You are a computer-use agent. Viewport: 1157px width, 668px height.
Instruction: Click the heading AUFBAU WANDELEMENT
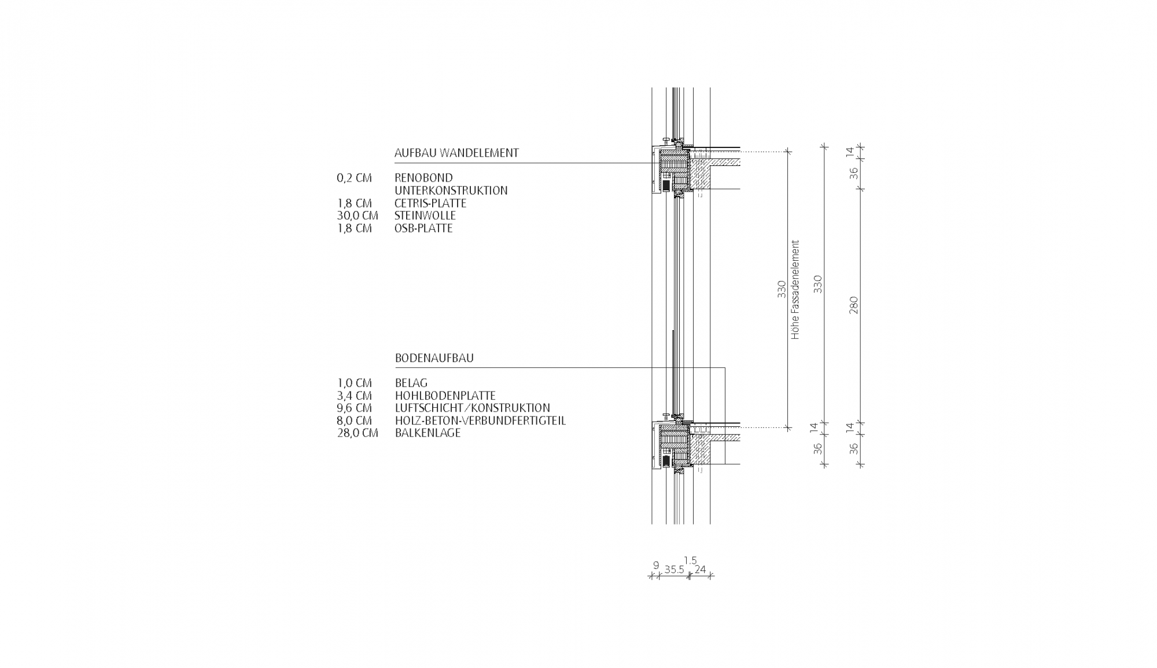point(456,153)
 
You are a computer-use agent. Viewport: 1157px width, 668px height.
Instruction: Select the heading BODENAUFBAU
point(434,358)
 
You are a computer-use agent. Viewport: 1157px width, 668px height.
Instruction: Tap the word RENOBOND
point(423,178)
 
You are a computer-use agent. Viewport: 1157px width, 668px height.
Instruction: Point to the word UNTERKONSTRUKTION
point(451,190)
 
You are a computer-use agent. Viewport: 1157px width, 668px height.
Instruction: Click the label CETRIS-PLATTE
point(430,204)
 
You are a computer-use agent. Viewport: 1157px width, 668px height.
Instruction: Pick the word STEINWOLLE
point(425,216)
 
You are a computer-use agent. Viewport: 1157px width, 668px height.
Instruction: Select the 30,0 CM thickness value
point(358,216)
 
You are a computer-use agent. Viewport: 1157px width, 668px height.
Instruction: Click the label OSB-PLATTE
point(423,228)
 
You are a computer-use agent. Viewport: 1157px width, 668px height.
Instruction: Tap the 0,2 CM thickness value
point(354,178)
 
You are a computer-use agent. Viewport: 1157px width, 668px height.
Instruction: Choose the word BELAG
point(411,383)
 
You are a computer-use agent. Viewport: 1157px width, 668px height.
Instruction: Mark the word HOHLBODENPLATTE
point(445,396)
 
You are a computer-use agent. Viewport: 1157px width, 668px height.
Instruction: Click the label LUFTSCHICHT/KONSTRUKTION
point(472,408)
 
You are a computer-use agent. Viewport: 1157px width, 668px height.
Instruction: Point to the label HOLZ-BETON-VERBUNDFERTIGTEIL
point(480,420)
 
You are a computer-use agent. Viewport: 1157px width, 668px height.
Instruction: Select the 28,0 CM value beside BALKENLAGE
point(358,433)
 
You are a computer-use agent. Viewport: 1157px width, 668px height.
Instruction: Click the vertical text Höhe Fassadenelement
point(795,289)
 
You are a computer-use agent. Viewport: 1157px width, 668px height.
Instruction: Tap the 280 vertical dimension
point(853,305)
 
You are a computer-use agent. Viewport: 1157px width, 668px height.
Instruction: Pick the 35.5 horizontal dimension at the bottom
point(674,570)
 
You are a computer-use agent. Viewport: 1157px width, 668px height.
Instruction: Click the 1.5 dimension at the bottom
point(690,560)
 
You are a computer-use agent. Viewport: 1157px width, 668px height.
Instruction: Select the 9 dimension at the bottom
point(656,565)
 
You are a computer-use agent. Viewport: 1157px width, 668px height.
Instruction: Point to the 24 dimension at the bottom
point(700,570)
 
